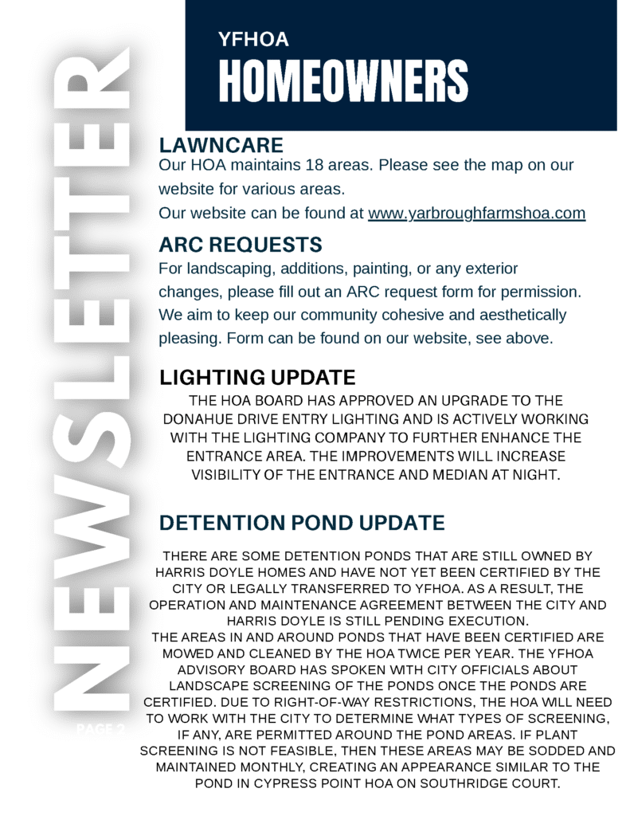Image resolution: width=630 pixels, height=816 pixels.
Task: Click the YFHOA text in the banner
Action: (x=252, y=38)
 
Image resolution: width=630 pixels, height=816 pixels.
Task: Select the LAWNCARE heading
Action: (x=221, y=145)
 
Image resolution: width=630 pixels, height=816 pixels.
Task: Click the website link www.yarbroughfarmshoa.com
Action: (x=476, y=214)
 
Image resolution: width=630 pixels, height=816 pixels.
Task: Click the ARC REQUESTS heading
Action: (x=240, y=244)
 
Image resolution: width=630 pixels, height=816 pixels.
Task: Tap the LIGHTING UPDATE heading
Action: (x=257, y=377)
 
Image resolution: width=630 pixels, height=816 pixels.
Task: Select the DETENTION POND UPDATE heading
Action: (x=302, y=523)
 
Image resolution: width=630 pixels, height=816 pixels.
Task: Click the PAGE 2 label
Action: (x=100, y=728)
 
